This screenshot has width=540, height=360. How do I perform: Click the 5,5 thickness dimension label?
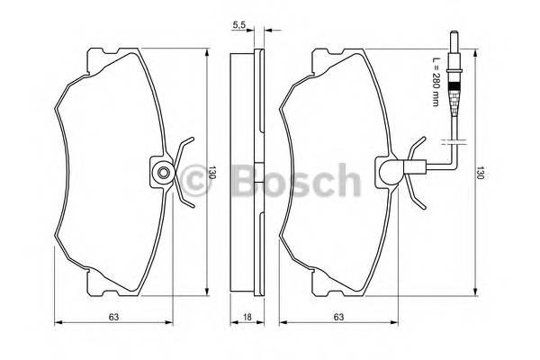pos(238,25)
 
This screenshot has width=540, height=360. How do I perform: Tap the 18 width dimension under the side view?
pos(247,317)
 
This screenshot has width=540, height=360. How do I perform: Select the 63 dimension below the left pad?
pos(113,317)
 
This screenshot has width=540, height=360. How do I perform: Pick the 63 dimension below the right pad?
pos(338,317)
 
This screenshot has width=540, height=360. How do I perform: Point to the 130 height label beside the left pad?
pos(212,172)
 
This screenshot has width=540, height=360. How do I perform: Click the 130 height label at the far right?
pos(481,172)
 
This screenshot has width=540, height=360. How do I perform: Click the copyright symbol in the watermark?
pos(194,180)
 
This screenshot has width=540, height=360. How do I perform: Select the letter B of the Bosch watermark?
pos(246,180)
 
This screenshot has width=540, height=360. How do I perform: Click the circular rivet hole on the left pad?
pos(163,173)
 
